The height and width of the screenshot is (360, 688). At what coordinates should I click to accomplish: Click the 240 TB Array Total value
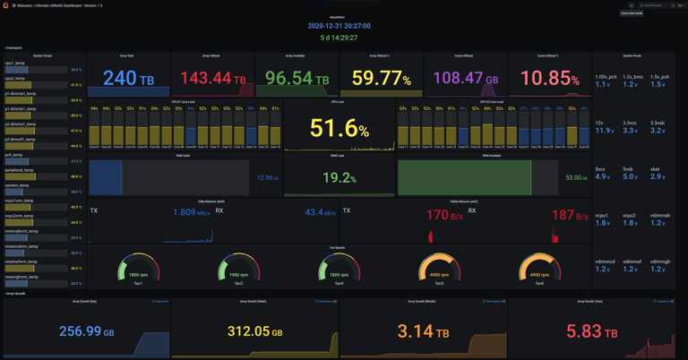pyautogui.click(x=128, y=80)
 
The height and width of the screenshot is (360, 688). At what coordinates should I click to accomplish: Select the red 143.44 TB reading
pyautogui.click(x=213, y=80)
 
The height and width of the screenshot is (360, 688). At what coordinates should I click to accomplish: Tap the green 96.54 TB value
pyautogui.click(x=297, y=80)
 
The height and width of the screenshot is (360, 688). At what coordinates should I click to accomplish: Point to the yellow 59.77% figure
pyautogui.click(x=382, y=80)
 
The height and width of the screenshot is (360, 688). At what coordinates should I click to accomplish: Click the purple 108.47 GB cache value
pyautogui.click(x=466, y=80)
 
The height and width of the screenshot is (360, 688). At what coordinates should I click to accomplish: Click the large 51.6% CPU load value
pyautogui.click(x=339, y=128)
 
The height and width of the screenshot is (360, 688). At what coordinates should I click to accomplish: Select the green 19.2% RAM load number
pyautogui.click(x=339, y=178)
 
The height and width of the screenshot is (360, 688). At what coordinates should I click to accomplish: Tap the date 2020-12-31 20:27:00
pyautogui.click(x=339, y=26)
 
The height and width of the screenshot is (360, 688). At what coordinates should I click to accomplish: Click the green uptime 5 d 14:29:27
pyautogui.click(x=339, y=38)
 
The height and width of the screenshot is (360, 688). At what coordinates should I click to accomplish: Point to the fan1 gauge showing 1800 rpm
pyautogui.click(x=139, y=268)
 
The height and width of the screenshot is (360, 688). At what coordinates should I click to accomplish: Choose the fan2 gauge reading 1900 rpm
pyautogui.click(x=239, y=268)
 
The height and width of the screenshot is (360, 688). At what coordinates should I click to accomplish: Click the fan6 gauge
pyautogui.click(x=538, y=268)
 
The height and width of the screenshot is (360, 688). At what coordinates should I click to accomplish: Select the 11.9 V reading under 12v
pyautogui.click(x=604, y=131)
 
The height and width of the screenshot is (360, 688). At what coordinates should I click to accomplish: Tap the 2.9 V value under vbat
pyautogui.click(x=658, y=176)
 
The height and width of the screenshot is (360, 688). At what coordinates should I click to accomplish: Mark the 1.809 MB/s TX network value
pyautogui.click(x=192, y=213)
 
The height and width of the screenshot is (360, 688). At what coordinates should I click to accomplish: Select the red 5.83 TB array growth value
pyautogui.click(x=591, y=331)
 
